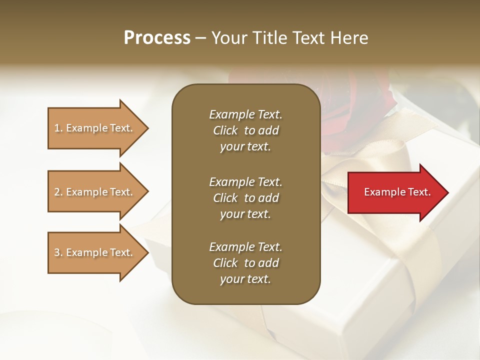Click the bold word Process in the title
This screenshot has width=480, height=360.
click(x=157, y=38)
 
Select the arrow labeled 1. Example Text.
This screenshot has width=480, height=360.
click(x=95, y=128)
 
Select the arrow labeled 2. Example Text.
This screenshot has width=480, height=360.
click(x=95, y=192)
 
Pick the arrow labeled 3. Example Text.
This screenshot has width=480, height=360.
click(x=95, y=252)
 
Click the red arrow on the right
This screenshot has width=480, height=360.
click(x=395, y=192)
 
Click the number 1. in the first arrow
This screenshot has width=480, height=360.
click(x=58, y=128)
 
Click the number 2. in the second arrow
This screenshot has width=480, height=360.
click(x=58, y=192)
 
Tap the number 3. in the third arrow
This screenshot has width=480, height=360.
click(x=58, y=252)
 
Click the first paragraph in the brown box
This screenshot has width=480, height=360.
click(x=245, y=130)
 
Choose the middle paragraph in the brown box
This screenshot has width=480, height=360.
click(x=245, y=198)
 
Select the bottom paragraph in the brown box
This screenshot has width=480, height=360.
click(x=245, y=263)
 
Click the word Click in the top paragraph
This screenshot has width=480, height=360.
click(x=225, y=130)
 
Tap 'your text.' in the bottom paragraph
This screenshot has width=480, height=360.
click(x=245, y=279)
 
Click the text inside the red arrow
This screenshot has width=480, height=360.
click(x=397, y=192)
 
